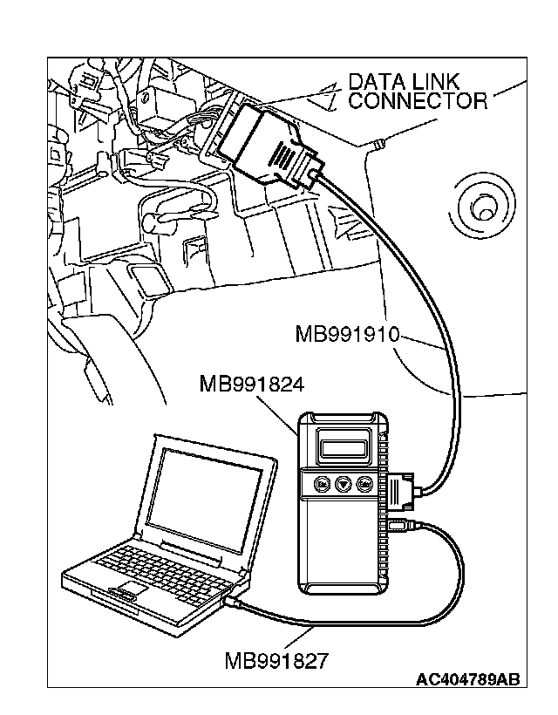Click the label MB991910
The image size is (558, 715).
[x=347, y=333]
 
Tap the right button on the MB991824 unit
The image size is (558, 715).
[x=366, y=483]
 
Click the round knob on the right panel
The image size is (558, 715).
[x=479, y=208]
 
